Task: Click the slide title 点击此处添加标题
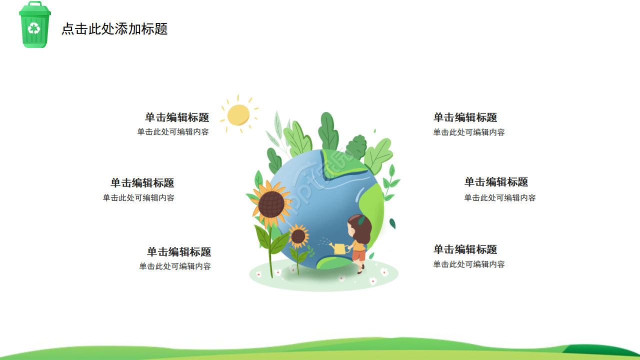114,29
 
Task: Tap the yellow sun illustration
238,115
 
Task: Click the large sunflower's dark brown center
271,203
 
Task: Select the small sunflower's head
298,236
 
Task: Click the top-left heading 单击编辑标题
177,117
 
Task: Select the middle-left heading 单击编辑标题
142,183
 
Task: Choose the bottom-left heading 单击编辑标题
179,252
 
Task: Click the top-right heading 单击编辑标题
465,117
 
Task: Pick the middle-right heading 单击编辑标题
496,182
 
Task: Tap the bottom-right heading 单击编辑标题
465,249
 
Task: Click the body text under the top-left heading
173,132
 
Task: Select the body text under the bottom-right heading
469,264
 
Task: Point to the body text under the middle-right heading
500,198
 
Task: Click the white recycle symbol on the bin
34,28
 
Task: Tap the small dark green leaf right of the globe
392,223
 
